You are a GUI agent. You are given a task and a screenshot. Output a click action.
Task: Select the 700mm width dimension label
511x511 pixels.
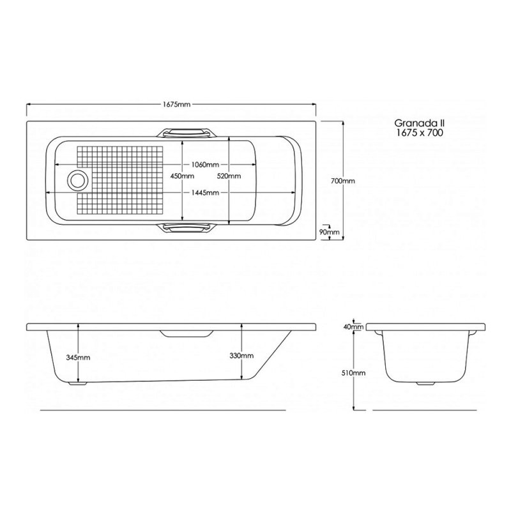click(x=344, y=181)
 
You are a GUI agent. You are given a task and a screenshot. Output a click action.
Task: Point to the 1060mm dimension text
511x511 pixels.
click(x=206, y=164)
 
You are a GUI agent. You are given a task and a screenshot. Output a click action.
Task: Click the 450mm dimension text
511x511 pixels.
click(x=183, y=176)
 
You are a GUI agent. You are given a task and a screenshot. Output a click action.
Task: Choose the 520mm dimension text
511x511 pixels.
click(x=229, y=176)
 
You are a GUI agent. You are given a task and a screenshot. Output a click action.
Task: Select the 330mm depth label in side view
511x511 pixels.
click(x=243, y=356)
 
